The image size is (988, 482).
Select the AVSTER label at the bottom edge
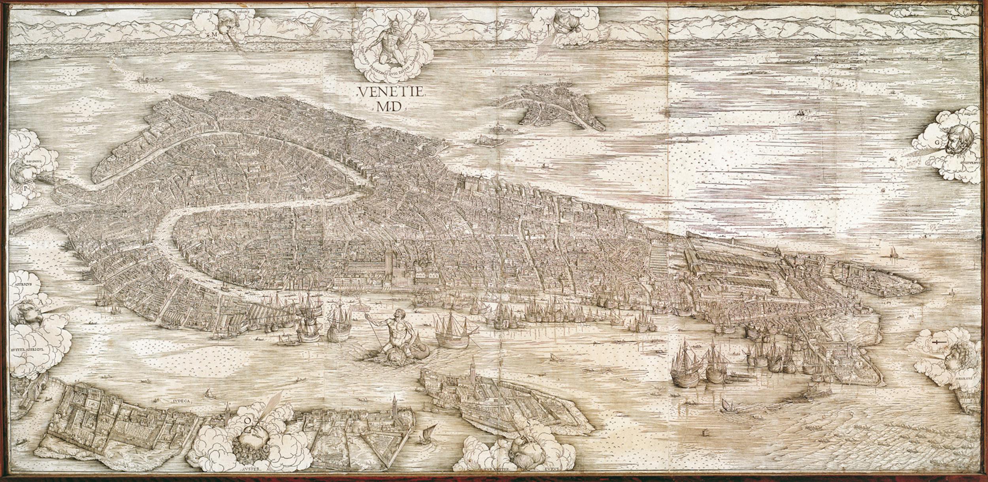tap(248, 477)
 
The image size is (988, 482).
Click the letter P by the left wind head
tap(26, 188)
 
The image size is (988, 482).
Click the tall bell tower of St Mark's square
tap(388, 263)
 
